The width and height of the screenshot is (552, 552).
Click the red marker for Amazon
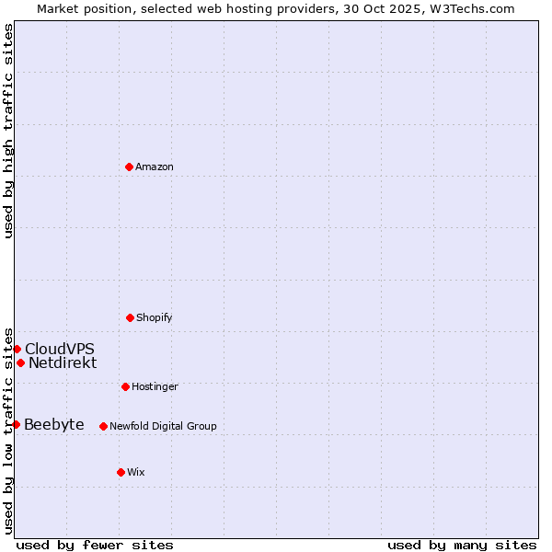[x=129, y=167]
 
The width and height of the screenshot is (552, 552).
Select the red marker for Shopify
[x=130, y=317]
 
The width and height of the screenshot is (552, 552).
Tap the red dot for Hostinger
[x=125, y=386]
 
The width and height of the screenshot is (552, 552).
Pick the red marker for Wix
[x=121, y=472]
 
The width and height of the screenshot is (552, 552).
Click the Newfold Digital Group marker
[x=103, y=426]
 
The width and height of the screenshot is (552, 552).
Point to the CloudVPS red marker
[x=17, y=349]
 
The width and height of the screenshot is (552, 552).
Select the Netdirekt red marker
[x=20, y=362]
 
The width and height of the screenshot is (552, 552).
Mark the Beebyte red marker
[x=16, y=424]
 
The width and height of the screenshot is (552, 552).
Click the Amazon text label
[x=155, y=167]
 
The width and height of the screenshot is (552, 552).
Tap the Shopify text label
[x=155, y=317]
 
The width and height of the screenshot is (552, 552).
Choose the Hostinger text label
[x=155, y=386]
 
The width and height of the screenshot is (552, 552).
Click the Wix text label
[x=136, y=472]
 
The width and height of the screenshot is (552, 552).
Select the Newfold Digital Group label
[x=163, y=426]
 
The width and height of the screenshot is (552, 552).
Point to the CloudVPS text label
[x=59, y=349]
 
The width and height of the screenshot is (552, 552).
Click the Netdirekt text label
[x=63, y=362]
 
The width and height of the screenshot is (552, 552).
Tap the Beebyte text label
[x=54, y=424]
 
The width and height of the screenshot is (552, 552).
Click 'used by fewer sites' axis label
[x=95, y=545]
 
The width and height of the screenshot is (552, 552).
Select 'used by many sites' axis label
[x=462, y=545]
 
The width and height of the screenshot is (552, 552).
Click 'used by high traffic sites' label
[x=8, y=131]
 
